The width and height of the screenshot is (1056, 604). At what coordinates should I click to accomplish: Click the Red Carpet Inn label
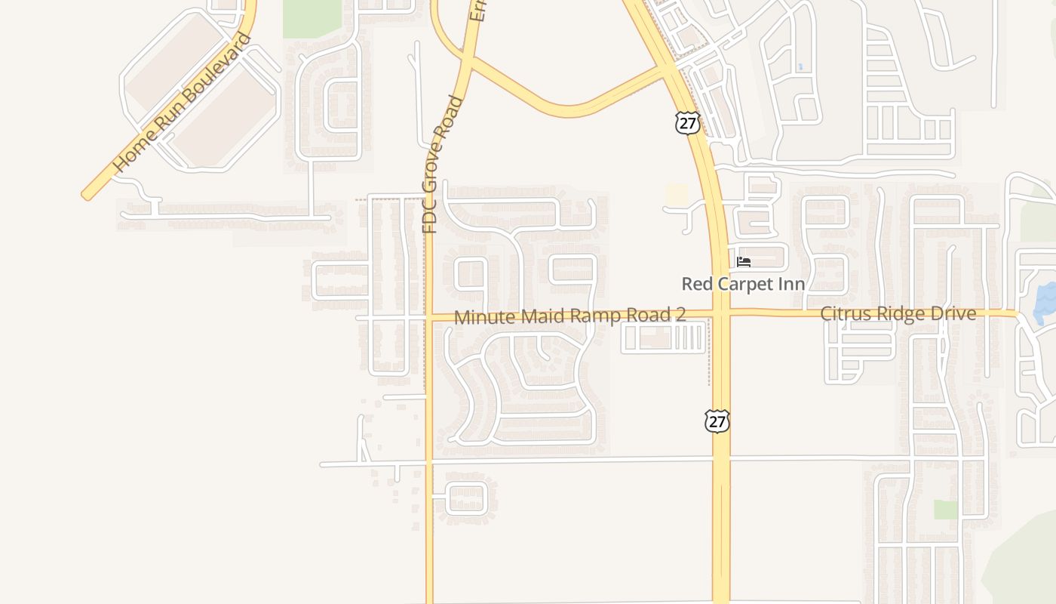coord(743,284)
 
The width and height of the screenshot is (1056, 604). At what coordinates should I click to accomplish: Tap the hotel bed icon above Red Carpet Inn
coord(744,262)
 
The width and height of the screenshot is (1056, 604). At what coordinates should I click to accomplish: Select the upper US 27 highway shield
coord(687,123)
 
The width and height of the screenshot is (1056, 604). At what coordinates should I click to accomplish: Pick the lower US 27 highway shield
coord(717,421)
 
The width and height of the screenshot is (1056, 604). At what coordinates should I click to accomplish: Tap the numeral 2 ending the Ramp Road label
coord(680,314)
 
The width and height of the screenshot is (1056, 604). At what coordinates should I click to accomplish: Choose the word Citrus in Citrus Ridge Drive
coord(844,313)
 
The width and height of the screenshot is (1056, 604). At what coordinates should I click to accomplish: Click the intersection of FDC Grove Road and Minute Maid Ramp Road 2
coord(428,318)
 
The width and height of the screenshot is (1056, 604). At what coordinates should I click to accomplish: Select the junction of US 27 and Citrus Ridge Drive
coord(721,313)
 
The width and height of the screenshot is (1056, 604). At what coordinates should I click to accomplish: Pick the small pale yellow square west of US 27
coord(677,194)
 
